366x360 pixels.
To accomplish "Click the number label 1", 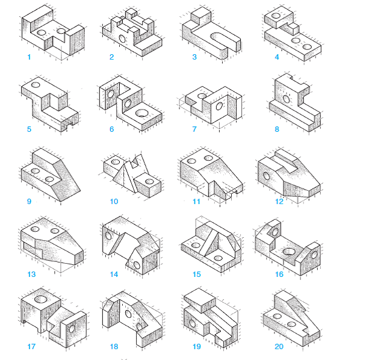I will tap(28, 57).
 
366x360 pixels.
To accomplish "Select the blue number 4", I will tap(277, 57).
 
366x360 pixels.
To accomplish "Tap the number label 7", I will tap(194, 129).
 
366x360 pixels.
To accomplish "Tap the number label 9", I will tap(28, 202).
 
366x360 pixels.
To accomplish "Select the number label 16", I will tap(279, 275).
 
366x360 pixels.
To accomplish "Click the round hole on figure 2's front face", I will tap(122, 39).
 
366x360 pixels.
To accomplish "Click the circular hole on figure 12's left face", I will tap(265, 176).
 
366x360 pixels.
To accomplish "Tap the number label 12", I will tap(279, 202).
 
